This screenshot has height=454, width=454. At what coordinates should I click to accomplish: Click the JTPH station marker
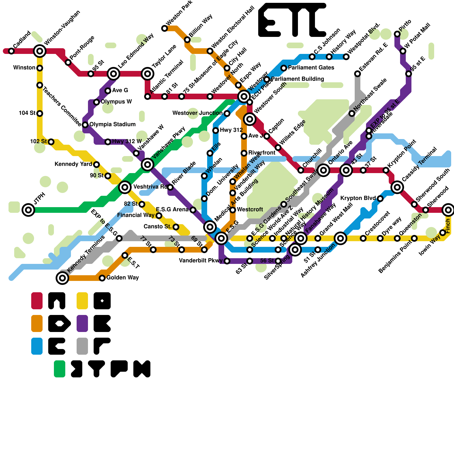pyautogui.click(x=28, y=210)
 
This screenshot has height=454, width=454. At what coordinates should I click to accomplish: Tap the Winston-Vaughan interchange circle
pyautogui.click(x=40, y=51)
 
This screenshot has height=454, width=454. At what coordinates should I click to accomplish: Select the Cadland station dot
pyautogui.click(x=11, y=51)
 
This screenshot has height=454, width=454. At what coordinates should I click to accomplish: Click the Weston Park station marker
pyautogui.click(x=165, y=28)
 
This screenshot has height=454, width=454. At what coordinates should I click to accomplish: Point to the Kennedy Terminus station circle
pyautogui.click(x=62, y=278)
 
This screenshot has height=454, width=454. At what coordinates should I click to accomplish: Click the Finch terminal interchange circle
pyautogui.click(x=448, y=210)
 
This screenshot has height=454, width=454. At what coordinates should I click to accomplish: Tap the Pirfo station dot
pyautogui.click(x=397, y=34)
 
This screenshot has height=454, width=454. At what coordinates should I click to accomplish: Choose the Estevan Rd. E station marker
pyautogui.click(x=358, y=74)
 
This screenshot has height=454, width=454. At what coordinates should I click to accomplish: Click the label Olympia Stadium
pyautogui.click(x=112, y=124)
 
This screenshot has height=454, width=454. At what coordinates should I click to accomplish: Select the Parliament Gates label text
pyautogui.click(x=311, y=68)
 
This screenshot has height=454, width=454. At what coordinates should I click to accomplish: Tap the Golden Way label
pyautogui.click(x=123, y=278)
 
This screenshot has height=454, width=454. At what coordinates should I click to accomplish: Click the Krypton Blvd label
pyautogui.click(x=358, y=198)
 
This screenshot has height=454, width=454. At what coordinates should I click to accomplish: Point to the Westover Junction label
pyautogui.click(x=197, y=113)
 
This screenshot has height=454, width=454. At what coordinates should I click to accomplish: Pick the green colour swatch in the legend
pyautogui.click(x=60, y=369)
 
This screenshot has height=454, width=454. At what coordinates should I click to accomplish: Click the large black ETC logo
pyautogui.click(x=292, y=20)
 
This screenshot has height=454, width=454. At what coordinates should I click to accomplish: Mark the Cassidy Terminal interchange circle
pyautogui.click(x=397, y=187)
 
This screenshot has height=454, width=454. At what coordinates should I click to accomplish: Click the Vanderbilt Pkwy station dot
pyautogui.click(x=227, y=261)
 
